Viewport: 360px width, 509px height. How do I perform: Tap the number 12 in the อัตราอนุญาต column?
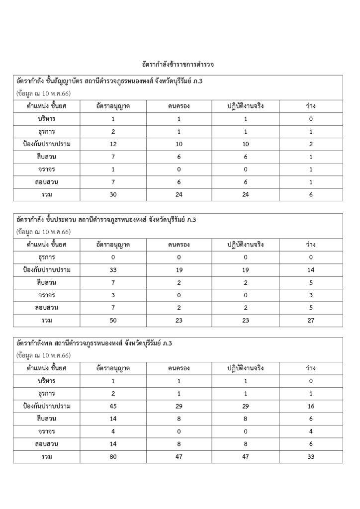pos(113,144)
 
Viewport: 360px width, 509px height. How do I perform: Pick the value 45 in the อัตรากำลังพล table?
pos(113,406)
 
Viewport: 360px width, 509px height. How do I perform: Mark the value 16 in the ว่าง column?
pos(311,406)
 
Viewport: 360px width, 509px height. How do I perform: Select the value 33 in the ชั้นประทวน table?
pos(113,270)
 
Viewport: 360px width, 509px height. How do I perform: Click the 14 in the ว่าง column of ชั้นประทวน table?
pos(311,270)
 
